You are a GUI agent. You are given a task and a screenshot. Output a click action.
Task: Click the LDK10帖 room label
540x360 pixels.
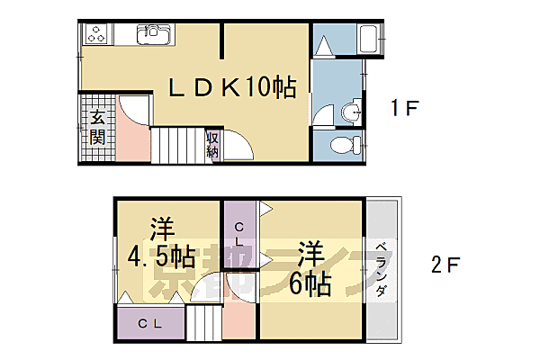tap(234, 87)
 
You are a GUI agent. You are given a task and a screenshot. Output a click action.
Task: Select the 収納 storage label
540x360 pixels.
tap(213, 144)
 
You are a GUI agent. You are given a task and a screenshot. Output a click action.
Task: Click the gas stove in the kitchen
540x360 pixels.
tap(95, 36)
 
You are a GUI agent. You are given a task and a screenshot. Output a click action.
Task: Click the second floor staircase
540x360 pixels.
tap(204, 323)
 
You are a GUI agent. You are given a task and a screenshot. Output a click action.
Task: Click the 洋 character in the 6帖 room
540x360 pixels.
tap(310, 250)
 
